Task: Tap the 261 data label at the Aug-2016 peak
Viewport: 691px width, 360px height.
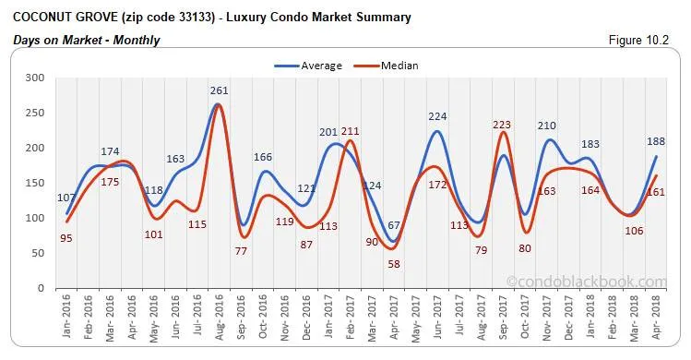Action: coord(219,90)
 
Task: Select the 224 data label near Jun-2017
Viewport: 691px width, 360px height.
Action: coord(437,116)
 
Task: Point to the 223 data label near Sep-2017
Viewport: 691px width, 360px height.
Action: coord(503,126)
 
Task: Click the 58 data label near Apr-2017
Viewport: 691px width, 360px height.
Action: coord(394,264)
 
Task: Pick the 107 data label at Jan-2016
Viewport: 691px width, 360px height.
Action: coord(67,198)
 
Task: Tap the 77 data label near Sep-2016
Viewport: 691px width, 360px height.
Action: coord(243,251)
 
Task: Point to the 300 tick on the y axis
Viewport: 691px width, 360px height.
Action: coord(34,78)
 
